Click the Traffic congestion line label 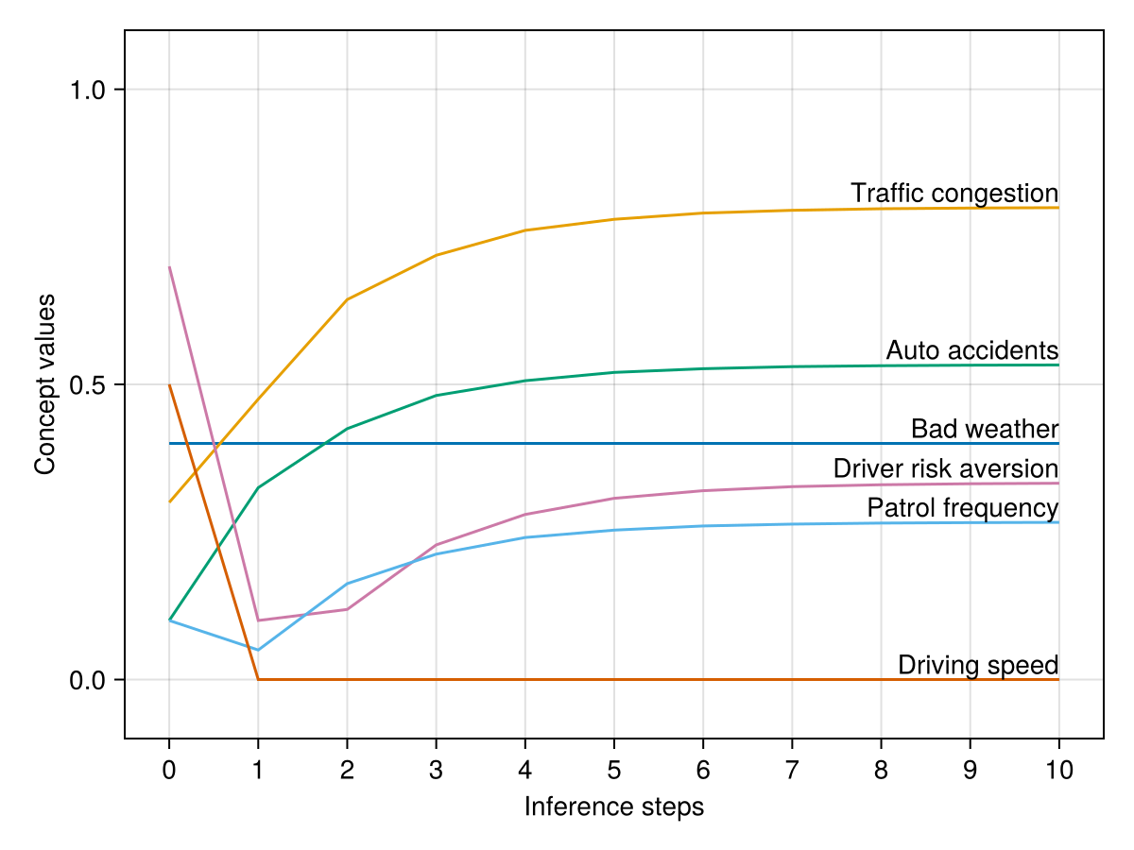[x=954, y=194]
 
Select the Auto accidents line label [x=971, y=350]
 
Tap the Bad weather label [x=984, y=430]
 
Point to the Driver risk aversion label [x=945, y=469]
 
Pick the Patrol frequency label [x=962, y=508]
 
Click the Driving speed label [x=977, y=665]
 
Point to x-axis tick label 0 [x=169, y=771]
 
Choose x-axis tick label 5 [x=614, y=771]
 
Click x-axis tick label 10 [x=1059, y=771]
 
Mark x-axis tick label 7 [x=792, y=771]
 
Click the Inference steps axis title [x=614, y=807]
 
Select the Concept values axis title [x=44, y=384]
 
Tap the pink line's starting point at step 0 [x=169, y=267]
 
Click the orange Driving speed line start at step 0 [x=169, y=385]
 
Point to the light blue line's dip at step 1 [x=258, y=650]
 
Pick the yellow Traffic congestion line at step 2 [x=347, y=299]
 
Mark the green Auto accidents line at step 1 [x=258, y=487]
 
